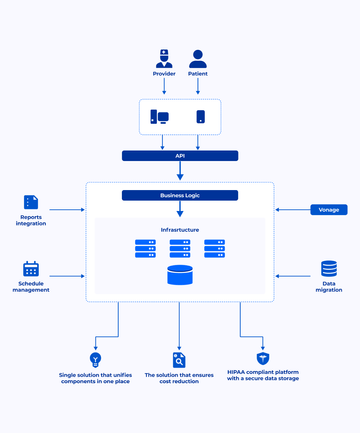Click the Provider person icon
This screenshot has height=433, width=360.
click(x=164, y=58)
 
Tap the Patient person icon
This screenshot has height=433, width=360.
click(x=198, y=58)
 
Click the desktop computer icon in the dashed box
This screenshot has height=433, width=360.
click(x=159, y=117)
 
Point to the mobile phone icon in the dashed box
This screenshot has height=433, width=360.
click(x=200, y=117)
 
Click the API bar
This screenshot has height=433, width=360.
click(x=180, y=156)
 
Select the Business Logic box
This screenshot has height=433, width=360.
click(x=180, y=196)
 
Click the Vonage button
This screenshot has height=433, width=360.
click(x=326, y=210)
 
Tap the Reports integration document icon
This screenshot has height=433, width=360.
click(x=31, y=202)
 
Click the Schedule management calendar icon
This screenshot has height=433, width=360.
click(x=31, y=269)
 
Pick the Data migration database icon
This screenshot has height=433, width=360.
click(x=329, y=269)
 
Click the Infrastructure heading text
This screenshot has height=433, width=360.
click(x=180, y=229)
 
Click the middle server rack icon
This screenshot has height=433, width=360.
click(x=180, y=248)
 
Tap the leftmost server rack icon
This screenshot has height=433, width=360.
click(x=146, y=248)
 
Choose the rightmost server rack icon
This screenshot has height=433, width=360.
click(x=214, y=248)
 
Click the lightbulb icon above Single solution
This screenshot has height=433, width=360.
click(x=95, y=359)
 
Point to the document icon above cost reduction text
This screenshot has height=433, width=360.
click(x=179, y=359)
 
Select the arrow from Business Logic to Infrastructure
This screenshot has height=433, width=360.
click(x=180, y=210)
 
